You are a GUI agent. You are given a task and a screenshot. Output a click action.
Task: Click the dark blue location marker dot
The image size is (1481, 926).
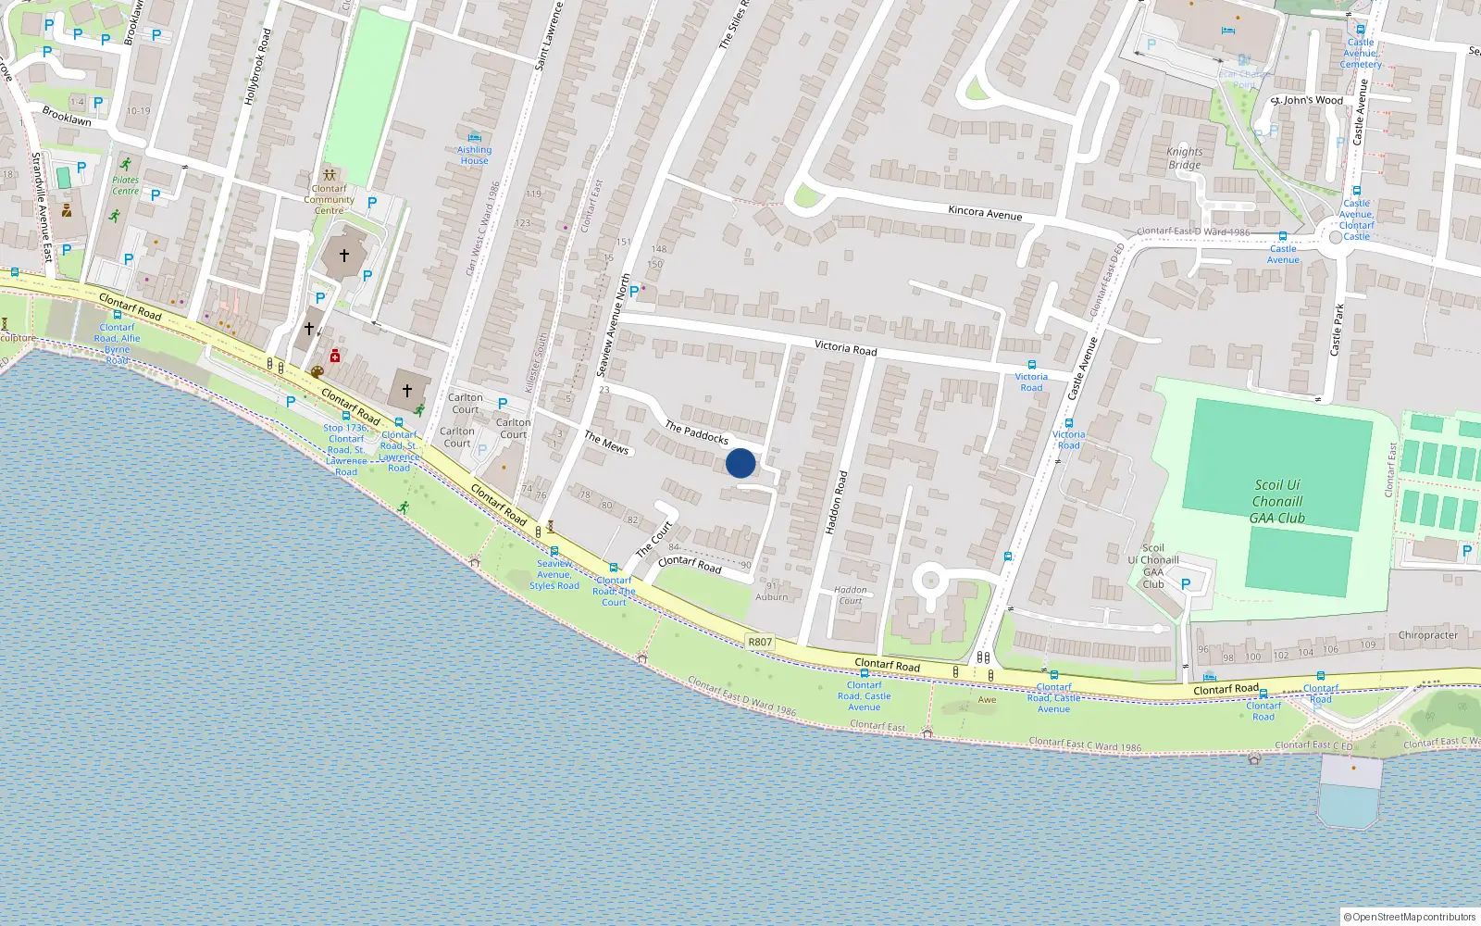point(740,463)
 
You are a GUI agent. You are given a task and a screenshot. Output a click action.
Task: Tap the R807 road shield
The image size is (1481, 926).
point(759,642)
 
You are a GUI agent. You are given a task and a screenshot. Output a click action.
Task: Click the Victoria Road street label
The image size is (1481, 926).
point(845,348)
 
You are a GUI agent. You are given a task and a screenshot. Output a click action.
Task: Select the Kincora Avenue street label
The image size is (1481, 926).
point(985,213)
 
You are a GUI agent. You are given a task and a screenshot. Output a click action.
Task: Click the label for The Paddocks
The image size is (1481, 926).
point(697,432)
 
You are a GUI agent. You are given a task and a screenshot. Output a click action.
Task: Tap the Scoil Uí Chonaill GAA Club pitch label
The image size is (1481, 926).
point(1277,501)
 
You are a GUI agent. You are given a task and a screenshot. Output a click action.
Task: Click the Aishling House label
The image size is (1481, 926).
point(474,155)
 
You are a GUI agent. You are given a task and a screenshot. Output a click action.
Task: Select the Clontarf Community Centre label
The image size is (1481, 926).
point(329,199)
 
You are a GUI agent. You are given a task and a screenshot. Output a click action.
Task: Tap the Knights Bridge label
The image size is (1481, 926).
point(1185,158)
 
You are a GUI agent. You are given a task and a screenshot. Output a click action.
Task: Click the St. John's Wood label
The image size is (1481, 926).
point(1307,100)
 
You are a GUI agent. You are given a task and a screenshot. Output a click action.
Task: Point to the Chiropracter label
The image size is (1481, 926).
point(1427,635)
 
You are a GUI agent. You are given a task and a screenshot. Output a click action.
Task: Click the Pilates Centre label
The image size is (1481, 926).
point(125,185)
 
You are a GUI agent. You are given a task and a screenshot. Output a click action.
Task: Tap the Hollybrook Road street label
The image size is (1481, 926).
point(257,66)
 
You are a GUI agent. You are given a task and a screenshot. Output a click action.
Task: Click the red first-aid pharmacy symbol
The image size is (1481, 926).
point(335,357)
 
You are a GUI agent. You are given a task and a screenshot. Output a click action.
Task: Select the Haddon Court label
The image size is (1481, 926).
point(850,594)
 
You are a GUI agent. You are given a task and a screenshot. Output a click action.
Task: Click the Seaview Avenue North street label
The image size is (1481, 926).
point(613,325)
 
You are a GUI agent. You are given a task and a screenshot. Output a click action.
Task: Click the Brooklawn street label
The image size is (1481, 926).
point(67,117)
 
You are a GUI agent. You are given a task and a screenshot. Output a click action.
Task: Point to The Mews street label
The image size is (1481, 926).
point(606,443)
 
